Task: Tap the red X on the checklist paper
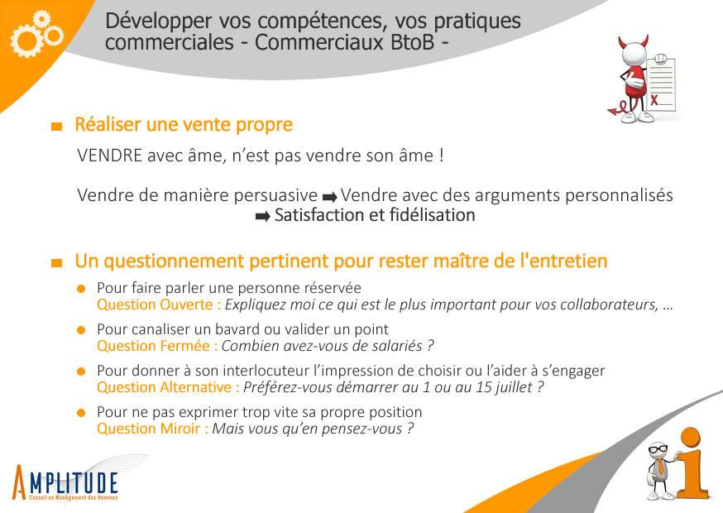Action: coord(654,99)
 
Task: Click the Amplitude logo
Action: coord(65,482)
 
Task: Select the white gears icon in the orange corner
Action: coord(36,34)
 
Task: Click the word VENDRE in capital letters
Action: coord(110,156)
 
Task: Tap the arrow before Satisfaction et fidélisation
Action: coord(263,216)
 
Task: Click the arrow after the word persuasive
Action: coord(330,197)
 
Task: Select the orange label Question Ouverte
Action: coord(155,304)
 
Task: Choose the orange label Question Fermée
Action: coord(153,346)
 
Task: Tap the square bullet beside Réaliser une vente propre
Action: coord(57,126)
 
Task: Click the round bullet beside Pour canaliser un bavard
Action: coord(81,330)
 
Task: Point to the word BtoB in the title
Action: coord(412,42)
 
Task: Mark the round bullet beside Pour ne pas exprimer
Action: coord(81,413)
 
